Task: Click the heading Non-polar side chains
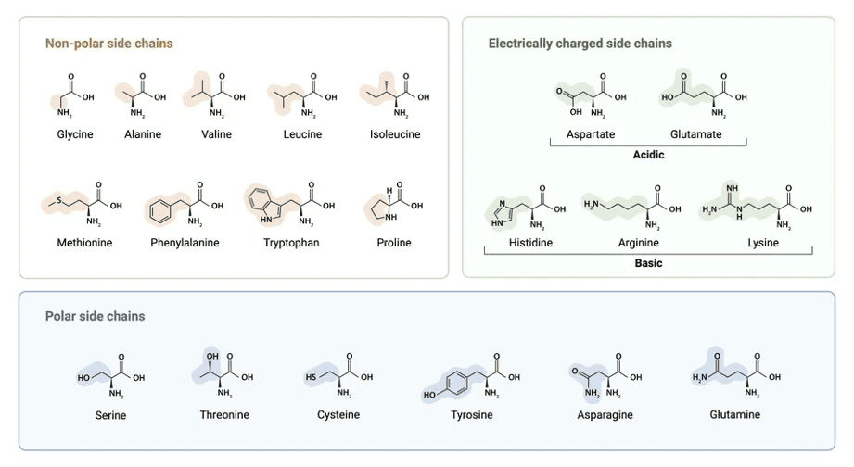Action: pyautogui.click(x=108, y=44)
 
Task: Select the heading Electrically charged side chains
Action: pyautogui.click(x=580, y=44)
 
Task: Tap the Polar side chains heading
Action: pyautogui.click(x=95, y=316)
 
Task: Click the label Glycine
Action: pyautogui.click(x=75, y=134)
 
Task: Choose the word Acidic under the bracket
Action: pyautogui.click(x=648, y=155)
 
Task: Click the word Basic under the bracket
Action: pyautogui.click(x=648, y=263)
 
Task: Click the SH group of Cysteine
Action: pyautogui.click(x=312, y=377)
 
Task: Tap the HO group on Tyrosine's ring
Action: pyautogui.click(x=429, y=395)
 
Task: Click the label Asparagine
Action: pyautogui.click(x=605, y=415)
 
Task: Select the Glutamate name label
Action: pyautogui.click(x=695, y=134)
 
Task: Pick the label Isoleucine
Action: pyautogui.click(x=395, y=134)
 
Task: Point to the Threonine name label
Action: pyautogui.click(x=224, y=414)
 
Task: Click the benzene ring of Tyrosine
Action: pyautogui.click(x=457, y=382)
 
